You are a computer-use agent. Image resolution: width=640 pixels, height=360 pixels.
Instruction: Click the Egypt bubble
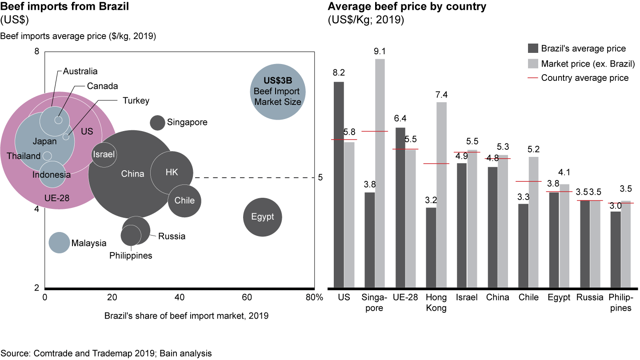[263, 217]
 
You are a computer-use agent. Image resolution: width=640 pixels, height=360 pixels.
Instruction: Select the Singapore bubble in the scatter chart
[157, 122]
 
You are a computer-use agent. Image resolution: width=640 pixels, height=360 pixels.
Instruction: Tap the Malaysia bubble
[59, 243]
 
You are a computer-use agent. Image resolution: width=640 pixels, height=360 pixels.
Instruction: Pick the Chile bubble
[184, 200]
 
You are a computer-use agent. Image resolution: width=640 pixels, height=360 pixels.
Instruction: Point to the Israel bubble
[104, 155]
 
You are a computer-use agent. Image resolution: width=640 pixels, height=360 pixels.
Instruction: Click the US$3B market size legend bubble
[277, 92]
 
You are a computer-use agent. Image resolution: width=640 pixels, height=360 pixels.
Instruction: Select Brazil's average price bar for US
[339, 184]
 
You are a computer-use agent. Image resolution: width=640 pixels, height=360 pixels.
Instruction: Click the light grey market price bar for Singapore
[380, 173]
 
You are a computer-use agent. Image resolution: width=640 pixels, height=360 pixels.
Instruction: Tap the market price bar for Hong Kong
[441, 195]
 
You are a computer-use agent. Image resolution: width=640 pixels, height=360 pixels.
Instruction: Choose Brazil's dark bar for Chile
[524, 245]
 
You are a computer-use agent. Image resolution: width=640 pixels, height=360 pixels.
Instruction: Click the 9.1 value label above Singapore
[380, 52]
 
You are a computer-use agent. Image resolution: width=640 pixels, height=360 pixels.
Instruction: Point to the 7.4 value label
[441, 95]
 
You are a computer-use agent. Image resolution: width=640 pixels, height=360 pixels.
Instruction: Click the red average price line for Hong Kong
[436, 164]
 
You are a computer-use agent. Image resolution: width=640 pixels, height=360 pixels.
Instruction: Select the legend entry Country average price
[584, 78]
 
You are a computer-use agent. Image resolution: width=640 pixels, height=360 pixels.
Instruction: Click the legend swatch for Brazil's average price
[532, 48]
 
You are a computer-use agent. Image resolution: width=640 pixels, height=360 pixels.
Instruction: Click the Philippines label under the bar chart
[620, 302]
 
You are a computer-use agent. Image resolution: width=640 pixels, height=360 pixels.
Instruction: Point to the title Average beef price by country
[407, 7]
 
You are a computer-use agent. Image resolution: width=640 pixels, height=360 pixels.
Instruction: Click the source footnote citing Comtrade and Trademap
[106, 353]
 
